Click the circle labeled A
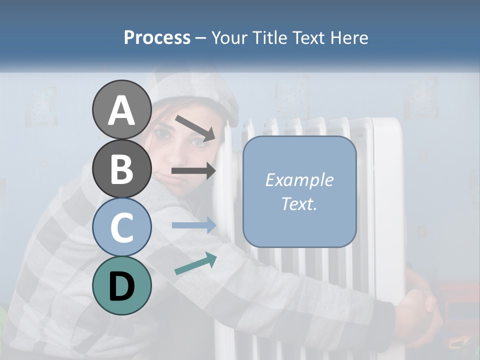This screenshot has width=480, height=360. click(121, 110)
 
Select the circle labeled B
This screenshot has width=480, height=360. click(121, 168)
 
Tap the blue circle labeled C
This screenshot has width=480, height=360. click(121, 227)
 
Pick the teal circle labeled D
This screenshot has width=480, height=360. click(121, 285)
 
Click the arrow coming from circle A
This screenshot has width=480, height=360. click(195, 127)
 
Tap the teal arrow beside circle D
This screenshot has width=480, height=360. click(195, 264)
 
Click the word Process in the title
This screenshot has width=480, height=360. click(157, 37)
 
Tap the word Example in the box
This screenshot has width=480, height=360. click(299, 180)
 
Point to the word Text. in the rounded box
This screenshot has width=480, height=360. click(299, 203)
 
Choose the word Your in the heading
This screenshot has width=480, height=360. click(230, 37)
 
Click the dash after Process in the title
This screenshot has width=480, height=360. click(201, 38)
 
